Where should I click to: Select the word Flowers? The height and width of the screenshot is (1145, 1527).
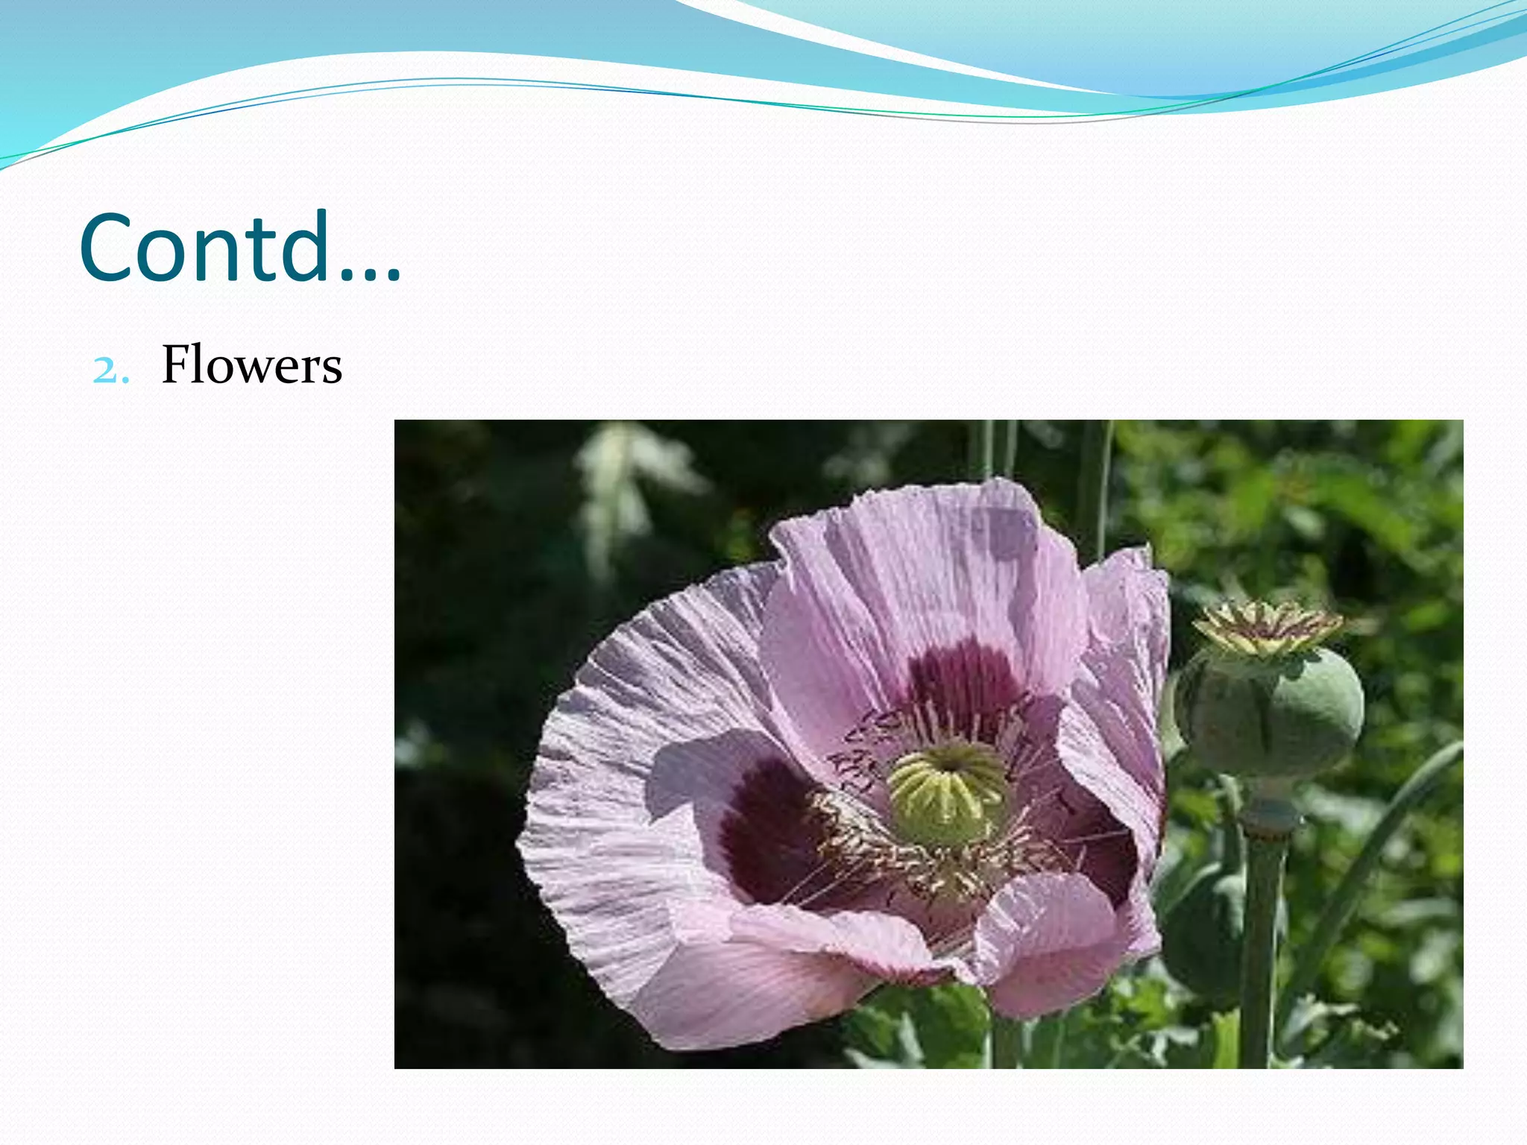coord(252,365)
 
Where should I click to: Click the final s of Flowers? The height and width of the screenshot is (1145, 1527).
coord(332,370)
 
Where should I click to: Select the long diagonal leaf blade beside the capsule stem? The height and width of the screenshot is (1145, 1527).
coord(1372,865)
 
